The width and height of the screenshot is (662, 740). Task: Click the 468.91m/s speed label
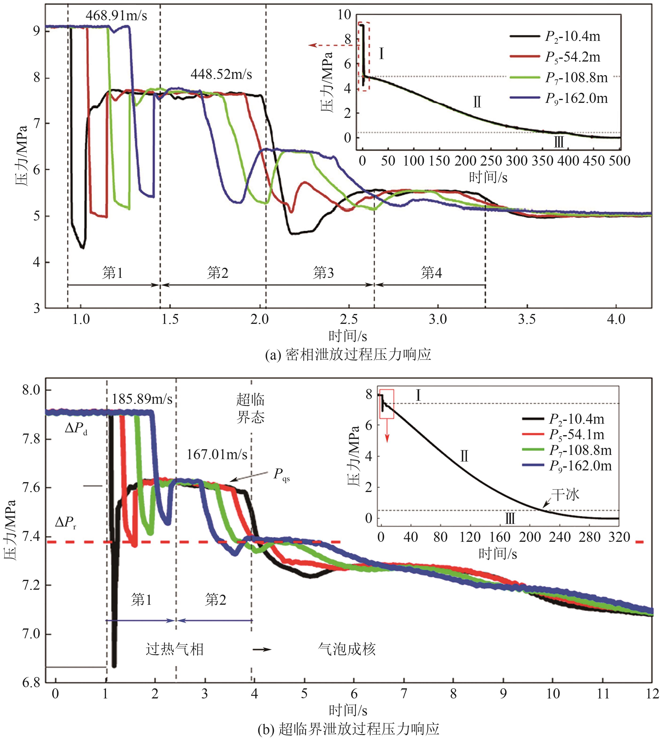tap(116, 16)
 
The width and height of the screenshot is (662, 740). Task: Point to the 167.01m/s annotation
tap(217, 454)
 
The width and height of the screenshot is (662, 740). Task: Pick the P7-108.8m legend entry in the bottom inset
tap(580, 450)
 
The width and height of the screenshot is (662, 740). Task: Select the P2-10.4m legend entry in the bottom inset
tap(577, 419)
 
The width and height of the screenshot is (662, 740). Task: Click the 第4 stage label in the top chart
tap(431, 272)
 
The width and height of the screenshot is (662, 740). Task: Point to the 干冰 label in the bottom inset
tap(565, 494)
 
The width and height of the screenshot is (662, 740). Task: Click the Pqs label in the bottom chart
tap(281, 474)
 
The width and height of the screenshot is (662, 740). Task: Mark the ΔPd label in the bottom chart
tap(76, 429)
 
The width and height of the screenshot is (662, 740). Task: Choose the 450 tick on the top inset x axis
tap(594, 160)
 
